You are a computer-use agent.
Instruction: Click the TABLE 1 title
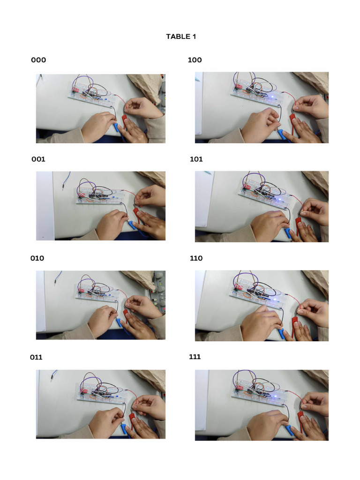[x=181, y=37]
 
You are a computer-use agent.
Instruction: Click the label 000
[x=38, y=60]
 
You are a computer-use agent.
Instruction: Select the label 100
[x=195, y=60]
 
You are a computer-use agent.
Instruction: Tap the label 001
[x=38, y=159]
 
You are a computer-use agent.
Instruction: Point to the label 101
[x=196, y=159]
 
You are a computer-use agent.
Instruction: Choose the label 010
[x=37, y=258]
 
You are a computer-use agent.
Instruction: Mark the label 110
[x=196, y=258]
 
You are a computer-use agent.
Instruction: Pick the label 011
[x=36, y=357]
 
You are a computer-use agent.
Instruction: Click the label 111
[x=195, y=357]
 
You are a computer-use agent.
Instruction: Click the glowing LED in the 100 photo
[x=272, y=97]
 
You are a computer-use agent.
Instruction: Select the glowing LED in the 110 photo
[x=274, y=300]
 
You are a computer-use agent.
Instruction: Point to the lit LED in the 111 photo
[x=275, y=397]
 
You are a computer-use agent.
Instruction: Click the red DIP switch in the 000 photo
[x=75, y=90]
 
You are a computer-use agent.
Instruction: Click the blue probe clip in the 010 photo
[x=120, y=322]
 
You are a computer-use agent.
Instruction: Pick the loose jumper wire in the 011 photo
[x=53, y=375]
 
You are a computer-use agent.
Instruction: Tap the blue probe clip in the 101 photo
[x=288, y=233]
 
